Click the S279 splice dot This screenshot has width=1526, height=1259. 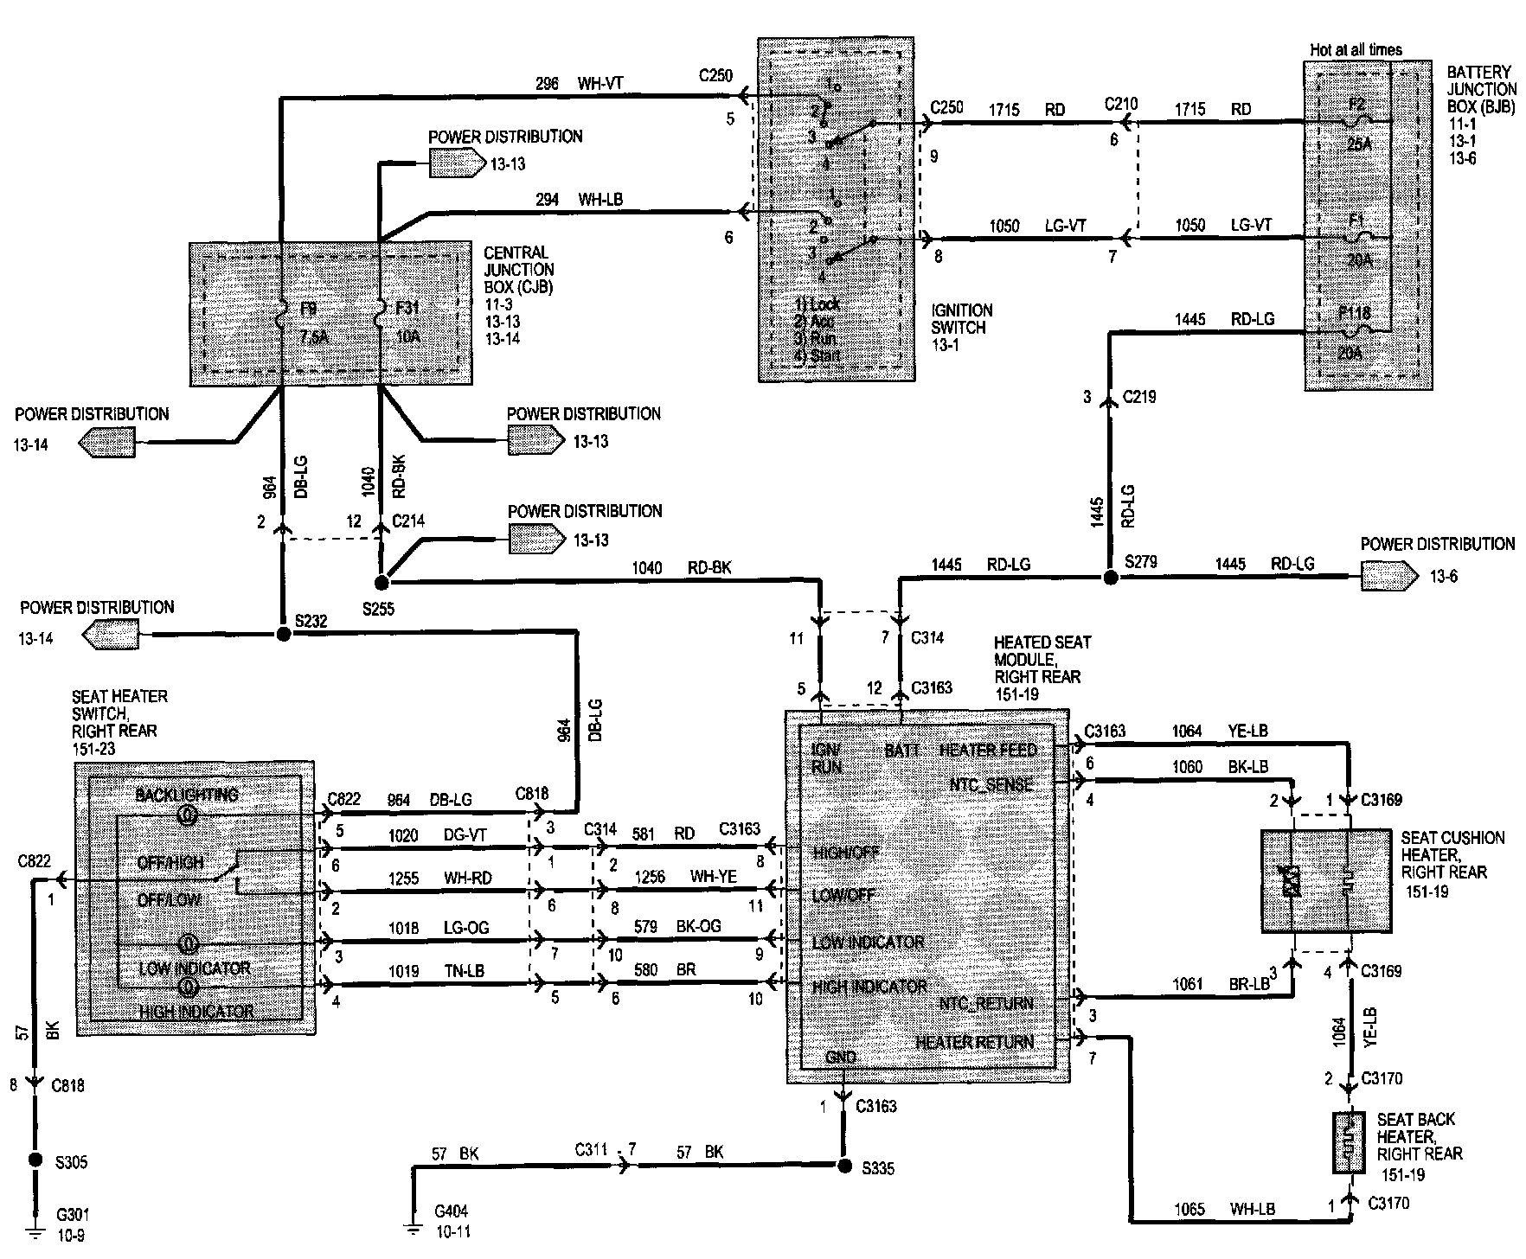(1109, 577)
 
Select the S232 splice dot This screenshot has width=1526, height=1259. (282, 634)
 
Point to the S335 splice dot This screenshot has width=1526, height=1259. (844, 1166)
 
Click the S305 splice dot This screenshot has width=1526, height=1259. (35, 1160)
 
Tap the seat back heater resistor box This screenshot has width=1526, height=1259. (1348, 1142)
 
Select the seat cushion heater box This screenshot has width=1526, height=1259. (1325, 880)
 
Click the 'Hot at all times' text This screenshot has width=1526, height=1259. (1356, 50)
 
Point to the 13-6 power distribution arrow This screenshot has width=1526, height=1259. (1389, 575)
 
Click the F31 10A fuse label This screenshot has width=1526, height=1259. (407, 322)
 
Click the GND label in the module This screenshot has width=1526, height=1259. (841, 1057)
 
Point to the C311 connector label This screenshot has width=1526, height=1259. (593, 1151)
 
